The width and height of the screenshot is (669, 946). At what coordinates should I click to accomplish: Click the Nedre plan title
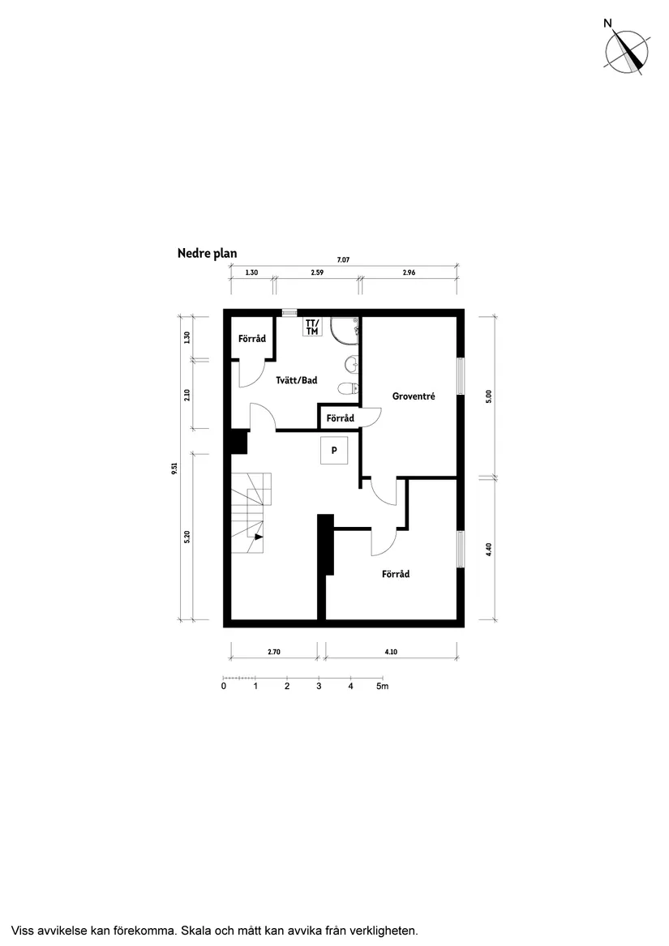pos(207,254)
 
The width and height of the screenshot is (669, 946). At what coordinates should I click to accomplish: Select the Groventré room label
pos(414,396)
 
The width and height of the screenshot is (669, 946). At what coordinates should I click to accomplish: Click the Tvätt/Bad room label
pos(296,380)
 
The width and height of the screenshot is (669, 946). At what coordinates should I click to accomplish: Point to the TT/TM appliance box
pos(312,327)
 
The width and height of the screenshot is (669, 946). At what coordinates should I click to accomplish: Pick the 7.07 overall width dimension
pos(342,259)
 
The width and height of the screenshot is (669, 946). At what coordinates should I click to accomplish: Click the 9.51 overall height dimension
pos(174,469)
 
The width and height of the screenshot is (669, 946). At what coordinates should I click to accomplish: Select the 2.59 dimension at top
pos(317,273)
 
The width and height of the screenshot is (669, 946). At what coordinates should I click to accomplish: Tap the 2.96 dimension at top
pos(409,273)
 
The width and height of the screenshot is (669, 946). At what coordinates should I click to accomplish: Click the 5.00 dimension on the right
pos(489,396)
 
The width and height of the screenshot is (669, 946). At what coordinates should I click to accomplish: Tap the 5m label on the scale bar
pos(382,687)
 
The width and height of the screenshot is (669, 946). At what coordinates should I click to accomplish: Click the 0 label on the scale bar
pos(224,687)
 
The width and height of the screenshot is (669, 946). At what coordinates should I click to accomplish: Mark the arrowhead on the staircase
pos(258,536)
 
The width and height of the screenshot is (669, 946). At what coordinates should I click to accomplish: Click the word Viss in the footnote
pos(24,930)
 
